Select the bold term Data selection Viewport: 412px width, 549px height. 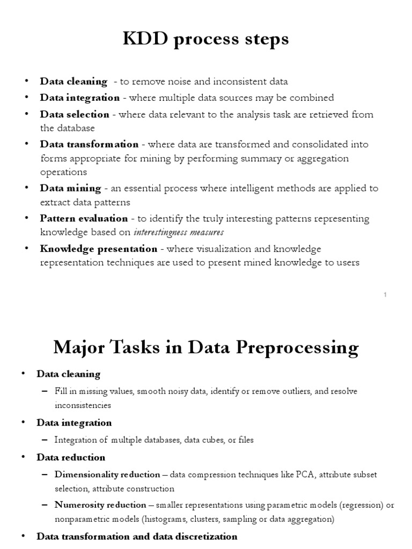tap(74, 114)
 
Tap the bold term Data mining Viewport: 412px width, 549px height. tap(70, 188)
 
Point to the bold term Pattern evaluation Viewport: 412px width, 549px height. tap(84, 218)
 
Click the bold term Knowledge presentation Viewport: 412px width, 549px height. tap(98, 249)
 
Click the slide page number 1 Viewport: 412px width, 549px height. tap(385, 295)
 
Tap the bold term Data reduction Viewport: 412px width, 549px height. tap(71, 457)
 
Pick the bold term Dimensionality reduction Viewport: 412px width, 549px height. tap(107, 474)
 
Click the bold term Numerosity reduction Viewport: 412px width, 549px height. tap(100, 505)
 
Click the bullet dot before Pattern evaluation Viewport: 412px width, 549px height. tap(27, 219)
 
